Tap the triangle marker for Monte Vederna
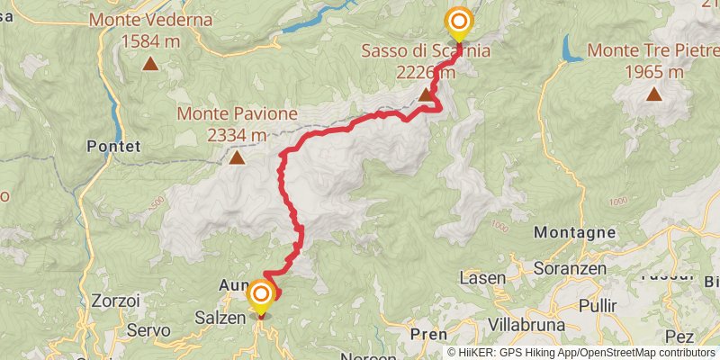[x=150, y=64]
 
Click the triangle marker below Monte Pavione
[x=236, y=158]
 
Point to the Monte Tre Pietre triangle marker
[x=652, y=94]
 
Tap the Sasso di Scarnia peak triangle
[x=425, y=94]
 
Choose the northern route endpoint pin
[x=459, y=22]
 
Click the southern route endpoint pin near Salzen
[x=261, y=296]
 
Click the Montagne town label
[x=575, y=232]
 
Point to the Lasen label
[x=482, y=279]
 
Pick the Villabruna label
[x=526, y=324]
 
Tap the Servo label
[x=148, y=331]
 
